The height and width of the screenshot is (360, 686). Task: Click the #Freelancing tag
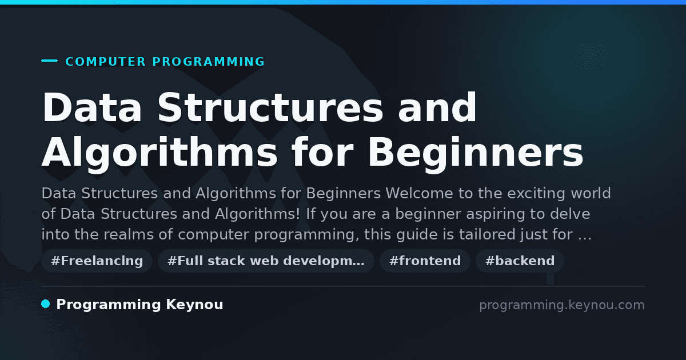[x=97, y=261]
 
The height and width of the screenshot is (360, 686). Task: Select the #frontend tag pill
[x=425, y=261]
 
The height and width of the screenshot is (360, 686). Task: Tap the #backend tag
[x=520, y=261]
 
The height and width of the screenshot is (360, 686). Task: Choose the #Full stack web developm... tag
[x=266, y=261]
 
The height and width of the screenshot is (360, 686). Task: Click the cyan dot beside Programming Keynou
[x=46, y=304]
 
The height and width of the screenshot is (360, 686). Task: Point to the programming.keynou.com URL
[x=562, y=305]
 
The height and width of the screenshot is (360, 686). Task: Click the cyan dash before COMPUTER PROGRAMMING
[x=49, y=61]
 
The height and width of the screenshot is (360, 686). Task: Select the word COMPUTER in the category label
[x=105, y=62]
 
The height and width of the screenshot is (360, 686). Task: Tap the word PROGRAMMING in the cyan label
[x=208, y=62]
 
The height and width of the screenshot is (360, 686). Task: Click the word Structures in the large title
[x=270, y=107]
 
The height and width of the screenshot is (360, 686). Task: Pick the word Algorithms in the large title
[x=159, y=153]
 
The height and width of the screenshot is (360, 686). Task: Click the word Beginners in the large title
[x=476, y=153]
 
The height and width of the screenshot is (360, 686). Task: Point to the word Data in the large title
[x=92, y=107]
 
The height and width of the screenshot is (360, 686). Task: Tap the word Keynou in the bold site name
[x=194, y=305]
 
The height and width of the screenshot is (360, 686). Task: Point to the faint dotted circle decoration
[x=591, y=57]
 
